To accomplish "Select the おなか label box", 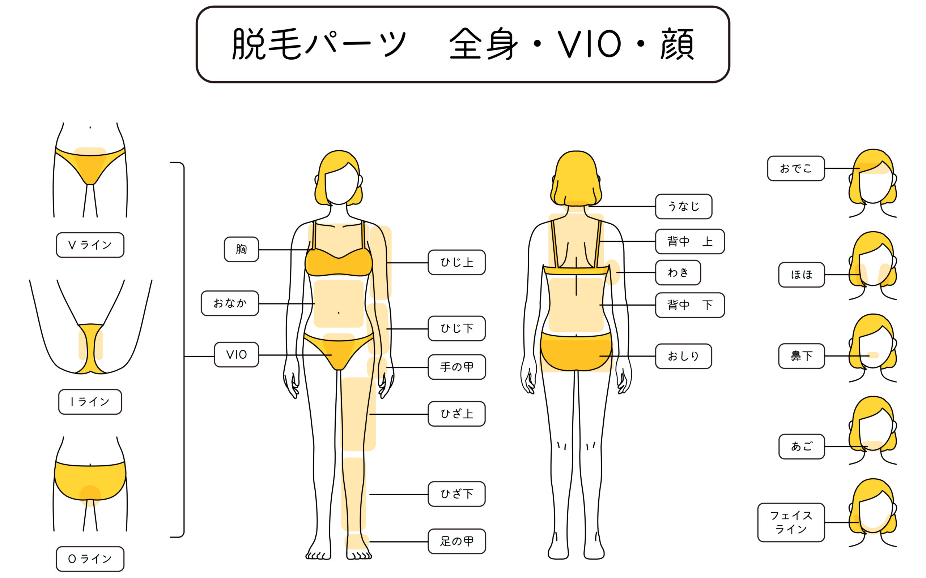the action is pyautogui.click(x=230, y=303).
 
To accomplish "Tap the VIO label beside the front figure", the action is pyautogui.click(x=236, y=355).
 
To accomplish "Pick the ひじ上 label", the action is pyautogui.click(x=456, y=262).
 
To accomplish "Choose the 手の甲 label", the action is pyautogui.click(x=456, y=367).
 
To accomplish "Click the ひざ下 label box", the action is pyautogui.click(x=456, y=494).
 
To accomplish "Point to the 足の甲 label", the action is pyautogui.click(x=456, y=541).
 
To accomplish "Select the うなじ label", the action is pyautogui.click(x=683, y=206).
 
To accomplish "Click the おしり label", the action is pyautogui.click(x=683, y=356).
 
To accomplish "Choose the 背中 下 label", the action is pyautogui.click(x=690, y=305).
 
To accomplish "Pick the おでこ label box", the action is pyautogui.click(x=796, y=168).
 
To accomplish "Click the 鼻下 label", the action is pyautogui.click(x=802, y=356).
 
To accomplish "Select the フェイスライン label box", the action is pyautogui.click(x=791, y=523).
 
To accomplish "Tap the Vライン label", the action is pyautogui.click(x=90, y=245).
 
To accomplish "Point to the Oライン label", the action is pyautogui.click(x=90, y=559).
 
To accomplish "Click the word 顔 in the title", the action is pyautogui.click(x=676, y=44).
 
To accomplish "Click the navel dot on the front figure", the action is pyautogui.click(x=339, y=313).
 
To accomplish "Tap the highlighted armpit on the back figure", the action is pyautogui.click(x=612, y=272).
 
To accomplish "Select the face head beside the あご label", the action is pyautogui.click(x=873, y=430).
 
